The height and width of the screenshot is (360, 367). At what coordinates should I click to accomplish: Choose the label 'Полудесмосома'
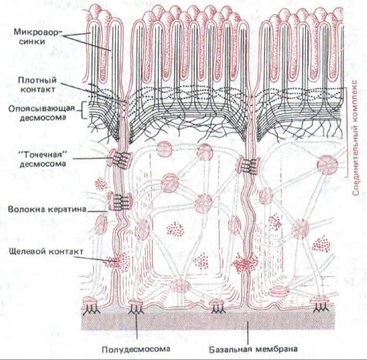(136, 349)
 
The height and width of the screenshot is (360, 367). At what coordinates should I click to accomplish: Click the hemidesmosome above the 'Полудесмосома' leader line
(136, 304)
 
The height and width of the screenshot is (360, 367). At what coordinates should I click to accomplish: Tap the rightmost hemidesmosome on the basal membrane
(319, 303)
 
